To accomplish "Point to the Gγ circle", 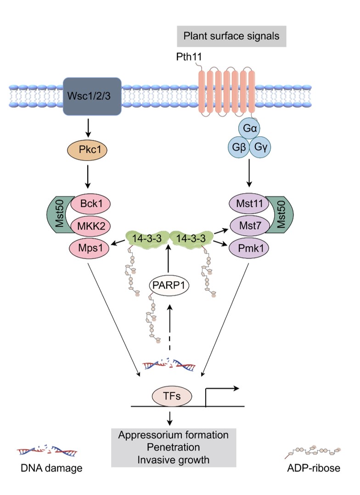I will (x=262, y=148).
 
